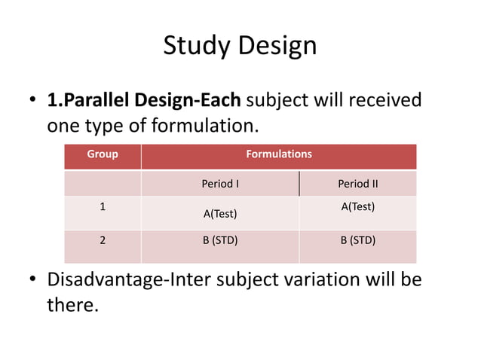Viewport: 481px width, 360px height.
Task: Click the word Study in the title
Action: [x=198, y=46]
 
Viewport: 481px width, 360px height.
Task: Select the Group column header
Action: [x=103, y=154]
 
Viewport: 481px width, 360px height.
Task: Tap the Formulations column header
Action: [x=278, y=154]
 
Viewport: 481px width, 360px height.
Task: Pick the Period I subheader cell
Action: [x=220, y=184]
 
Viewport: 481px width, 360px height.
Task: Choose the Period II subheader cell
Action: [x=357, y=184]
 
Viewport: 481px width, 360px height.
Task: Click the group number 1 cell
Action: [x=103, y=206]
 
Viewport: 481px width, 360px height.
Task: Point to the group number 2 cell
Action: [x=103, y=241]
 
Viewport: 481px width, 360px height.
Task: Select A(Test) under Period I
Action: [x=220, y=214]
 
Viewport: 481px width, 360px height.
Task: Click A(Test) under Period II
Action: [x=357, y=206]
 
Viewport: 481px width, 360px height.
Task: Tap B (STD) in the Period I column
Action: [x=220, y=241]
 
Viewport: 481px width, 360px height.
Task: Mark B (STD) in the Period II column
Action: [x=357, y=241]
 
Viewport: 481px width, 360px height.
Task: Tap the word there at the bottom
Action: [x=72, y=305]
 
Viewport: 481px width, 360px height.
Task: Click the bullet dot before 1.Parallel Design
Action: [x=33, y=101]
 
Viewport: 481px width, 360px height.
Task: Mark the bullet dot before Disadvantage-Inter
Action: [x=33, y=281]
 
